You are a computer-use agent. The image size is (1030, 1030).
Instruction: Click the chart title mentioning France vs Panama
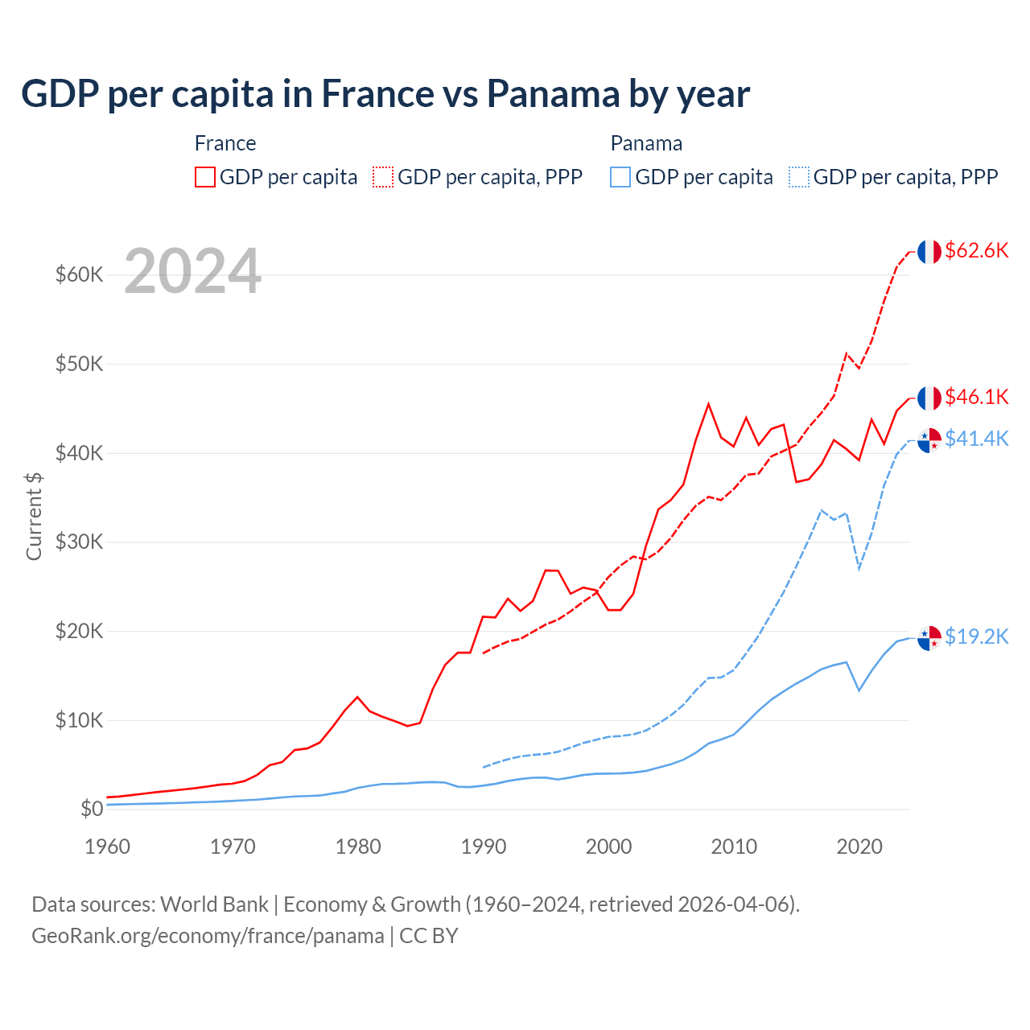[385, 94]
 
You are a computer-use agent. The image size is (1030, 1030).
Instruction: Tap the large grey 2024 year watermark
[193, 272]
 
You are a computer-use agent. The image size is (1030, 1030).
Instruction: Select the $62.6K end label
[976, 250]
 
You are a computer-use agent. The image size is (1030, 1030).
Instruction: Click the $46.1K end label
[976, 397]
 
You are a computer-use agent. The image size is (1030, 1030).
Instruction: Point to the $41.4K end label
[976, 439]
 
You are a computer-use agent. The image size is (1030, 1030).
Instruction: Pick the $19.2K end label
[976, 637]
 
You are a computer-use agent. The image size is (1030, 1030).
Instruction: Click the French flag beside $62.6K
[929, 252]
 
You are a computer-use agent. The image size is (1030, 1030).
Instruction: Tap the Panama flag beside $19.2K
[929, 638]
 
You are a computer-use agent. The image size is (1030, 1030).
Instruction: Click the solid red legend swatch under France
[205, 177]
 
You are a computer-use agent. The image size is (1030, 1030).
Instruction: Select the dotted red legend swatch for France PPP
[383, 177]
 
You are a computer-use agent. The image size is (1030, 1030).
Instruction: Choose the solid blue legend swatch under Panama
[620, 177]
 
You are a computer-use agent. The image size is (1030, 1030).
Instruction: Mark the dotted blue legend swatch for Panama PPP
[799, 177]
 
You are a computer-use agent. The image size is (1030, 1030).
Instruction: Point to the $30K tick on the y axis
[80, 542]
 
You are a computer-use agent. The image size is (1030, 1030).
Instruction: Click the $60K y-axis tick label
[80, 274]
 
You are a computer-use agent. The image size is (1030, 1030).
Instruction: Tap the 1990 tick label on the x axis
[484, 847]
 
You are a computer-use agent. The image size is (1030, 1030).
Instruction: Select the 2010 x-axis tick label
[734, 847]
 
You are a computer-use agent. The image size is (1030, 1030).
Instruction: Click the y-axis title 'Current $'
[34, 516]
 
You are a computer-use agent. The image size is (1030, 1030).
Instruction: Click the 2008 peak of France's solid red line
[708, 404]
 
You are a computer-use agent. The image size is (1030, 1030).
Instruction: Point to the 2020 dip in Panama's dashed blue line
[859, 568]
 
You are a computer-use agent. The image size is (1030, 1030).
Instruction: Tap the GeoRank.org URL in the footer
[208, 936]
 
